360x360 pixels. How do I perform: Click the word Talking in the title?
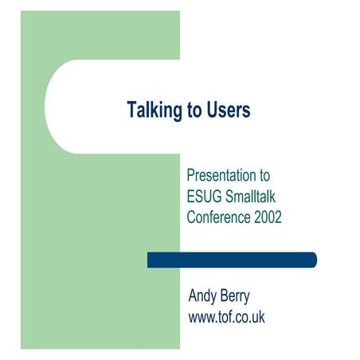click(x=155, y=110)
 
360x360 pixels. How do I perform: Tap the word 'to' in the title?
click(x=194, y=110)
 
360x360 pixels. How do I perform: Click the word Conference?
click(x=217, y=216)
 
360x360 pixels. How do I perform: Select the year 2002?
click(x=267, y=216)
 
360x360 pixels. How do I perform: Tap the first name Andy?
click(x=202, y=298)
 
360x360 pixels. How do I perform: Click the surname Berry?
click(x=234, y=298)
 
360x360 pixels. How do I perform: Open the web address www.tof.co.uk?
click(x=226, y=318)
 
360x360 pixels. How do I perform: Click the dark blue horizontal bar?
click(x=231, y=260)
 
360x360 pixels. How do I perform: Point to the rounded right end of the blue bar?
click(x=313, y=260)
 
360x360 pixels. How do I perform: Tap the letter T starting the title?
click(x=131, y=110)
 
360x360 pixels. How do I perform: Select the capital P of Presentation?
click(x=191, y=174)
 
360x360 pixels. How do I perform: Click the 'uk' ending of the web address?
click(x=257, y=318)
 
